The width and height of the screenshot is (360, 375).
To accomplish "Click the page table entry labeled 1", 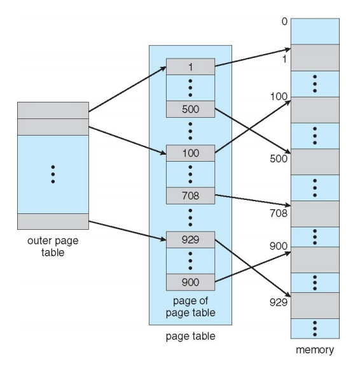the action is tap(190, 66).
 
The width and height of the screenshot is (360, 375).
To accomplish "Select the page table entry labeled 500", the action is tap(190, 109).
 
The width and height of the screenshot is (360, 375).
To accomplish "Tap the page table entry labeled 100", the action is tap(190, 153).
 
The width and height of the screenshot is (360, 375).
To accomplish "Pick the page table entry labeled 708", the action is tap(190, 195).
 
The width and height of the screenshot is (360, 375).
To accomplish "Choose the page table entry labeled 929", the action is tap(190, 239).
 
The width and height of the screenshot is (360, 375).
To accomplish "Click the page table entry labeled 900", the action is tap(190, 282).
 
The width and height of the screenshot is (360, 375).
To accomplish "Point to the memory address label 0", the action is tap(284, 22).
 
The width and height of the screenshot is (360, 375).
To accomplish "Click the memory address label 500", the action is tap(279, 159).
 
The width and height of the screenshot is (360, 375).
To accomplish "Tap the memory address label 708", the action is tap(279, 213).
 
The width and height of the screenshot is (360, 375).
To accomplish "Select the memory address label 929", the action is tap(279, 302).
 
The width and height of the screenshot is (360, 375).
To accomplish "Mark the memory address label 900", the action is tap(279, 246).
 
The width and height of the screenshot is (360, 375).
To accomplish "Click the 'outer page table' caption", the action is tap(53, 246).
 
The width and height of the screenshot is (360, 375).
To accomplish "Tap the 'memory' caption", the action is tap(315, 350).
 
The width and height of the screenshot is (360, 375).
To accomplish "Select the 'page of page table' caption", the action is tap(190, 307).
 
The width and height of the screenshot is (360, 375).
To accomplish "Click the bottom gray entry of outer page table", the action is tap(53, 222).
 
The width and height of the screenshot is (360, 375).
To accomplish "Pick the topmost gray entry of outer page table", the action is tap(53, 110).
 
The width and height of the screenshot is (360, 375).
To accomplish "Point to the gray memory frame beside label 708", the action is tap(315, 214).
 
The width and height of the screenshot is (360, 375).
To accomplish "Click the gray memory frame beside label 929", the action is tap(315, 306).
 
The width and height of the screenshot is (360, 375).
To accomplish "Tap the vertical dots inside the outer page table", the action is tap(53, 174).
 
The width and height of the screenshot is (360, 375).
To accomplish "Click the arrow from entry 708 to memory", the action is tap(253, 200).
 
